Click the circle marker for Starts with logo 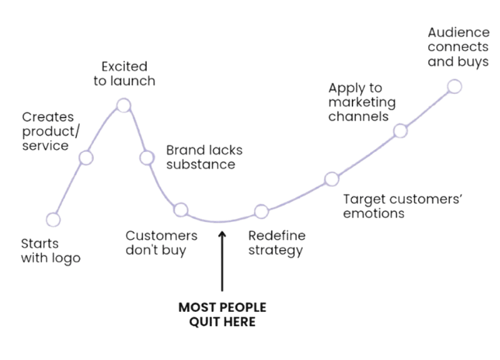tap(53, 219)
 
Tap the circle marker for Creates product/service tap(86, 157)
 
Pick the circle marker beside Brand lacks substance tap(146, 157)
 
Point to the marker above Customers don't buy tap(181, 209)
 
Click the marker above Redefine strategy tap(261, 211)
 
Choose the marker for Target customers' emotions tap(331, 180)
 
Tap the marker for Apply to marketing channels tap(400, 131)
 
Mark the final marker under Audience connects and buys tap(454, 86)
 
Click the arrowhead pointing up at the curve tap(221, 235)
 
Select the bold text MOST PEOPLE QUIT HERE tap(222, 316)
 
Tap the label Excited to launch tap(124, 73)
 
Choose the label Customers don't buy tap(161, 243)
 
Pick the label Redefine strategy tap(276, 243)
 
